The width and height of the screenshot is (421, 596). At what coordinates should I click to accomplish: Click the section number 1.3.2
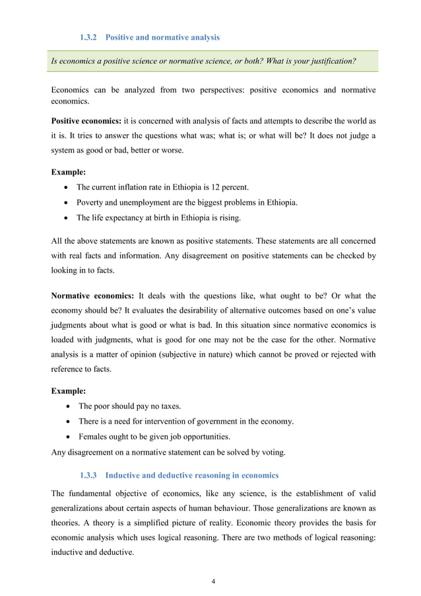click(89, 37)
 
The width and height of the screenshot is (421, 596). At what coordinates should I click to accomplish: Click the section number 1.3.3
click(89, 475)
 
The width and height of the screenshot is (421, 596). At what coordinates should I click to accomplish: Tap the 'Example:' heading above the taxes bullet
click(68, 391)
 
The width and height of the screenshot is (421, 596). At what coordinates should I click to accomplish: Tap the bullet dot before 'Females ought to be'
click(69, 437)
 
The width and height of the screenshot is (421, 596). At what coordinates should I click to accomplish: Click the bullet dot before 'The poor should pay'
click(69, 406)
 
